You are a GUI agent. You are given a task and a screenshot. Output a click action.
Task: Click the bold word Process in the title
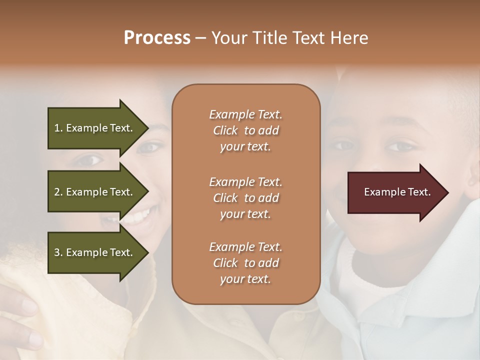tap(157, 38)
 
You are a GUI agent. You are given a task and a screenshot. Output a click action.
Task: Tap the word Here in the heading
tap(349, 38)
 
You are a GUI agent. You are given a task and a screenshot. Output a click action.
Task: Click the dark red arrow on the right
tap(395, 192)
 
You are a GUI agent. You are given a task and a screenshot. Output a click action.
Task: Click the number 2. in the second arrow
tap(58, 192)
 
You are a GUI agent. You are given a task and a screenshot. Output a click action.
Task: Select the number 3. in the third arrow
tap(58, 252)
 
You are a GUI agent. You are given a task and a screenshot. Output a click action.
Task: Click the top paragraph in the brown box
tap(245, 130)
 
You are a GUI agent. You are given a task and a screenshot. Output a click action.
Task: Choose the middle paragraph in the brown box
tap(245, 198)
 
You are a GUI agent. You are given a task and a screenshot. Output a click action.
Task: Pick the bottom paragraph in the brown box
tap(245, 263)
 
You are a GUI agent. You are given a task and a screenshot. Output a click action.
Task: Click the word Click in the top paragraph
tap(225, 130)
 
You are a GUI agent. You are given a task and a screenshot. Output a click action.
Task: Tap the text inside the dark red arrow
tap(397, 192)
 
